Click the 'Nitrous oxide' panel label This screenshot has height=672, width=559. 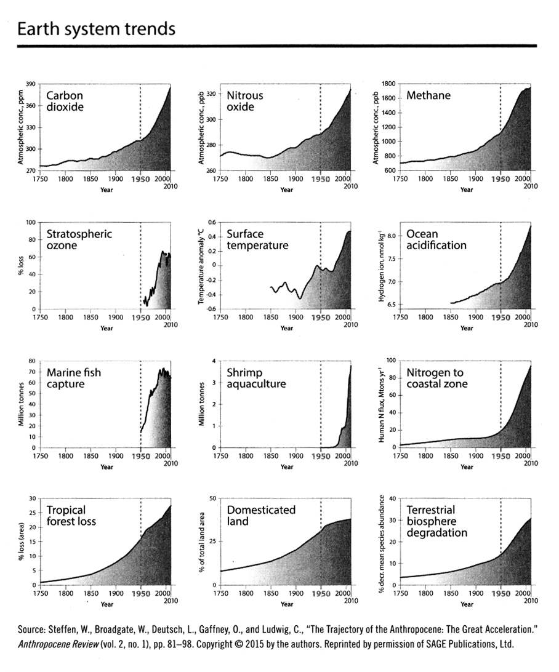tap(244, 102)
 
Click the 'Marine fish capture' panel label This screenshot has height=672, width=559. tap(74, 378)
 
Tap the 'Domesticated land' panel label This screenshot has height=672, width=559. tap(261, 516)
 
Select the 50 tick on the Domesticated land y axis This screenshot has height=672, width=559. tap(211, 498)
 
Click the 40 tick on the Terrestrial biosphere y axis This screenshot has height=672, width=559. tap(390, 498)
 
